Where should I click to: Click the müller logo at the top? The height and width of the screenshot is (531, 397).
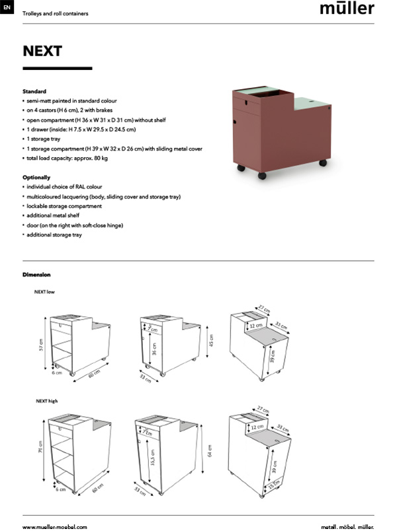coord(347,9)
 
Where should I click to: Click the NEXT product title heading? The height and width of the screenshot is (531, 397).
coord(42,52)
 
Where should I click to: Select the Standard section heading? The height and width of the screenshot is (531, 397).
coord(34,91)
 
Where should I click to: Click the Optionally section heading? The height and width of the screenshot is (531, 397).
coord(36,178)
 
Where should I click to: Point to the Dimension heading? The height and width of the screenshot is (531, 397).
coord(36,274)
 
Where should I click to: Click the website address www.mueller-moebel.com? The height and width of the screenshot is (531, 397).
coord(54,526)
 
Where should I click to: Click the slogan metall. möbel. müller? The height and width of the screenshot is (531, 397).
coord(347,526)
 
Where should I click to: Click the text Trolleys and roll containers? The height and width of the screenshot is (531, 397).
coord(55,13)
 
